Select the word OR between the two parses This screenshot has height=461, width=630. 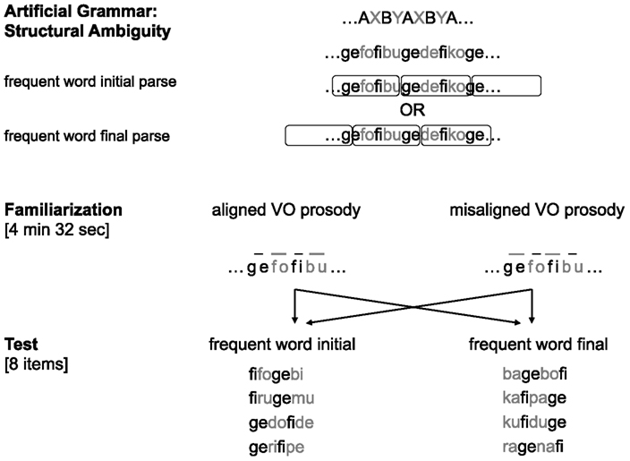[412, 111]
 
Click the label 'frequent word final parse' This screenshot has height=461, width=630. [88, 137]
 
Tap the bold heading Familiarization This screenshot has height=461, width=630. [63, 209]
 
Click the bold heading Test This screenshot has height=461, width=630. [22, 343]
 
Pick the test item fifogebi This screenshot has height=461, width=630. [282, 372]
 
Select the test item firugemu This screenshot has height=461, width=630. [282, 397]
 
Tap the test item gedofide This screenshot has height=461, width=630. [282, 422]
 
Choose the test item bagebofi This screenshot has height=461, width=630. [536, 372]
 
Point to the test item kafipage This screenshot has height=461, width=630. [536, 397]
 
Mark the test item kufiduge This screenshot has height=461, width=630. [536, 422]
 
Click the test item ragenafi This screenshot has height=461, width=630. [536, 446]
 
